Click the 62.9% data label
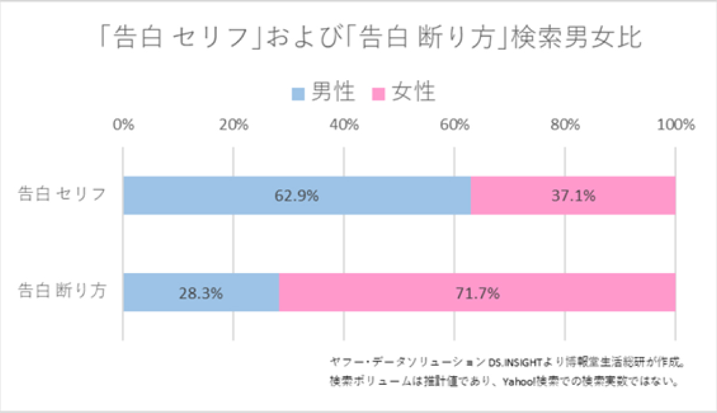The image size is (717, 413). pyautogui.click(x=296, y=195)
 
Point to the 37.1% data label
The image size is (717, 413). pyautogui.click(x=573, y=195)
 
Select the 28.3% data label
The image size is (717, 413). pyautogui.click(x=201, y=293)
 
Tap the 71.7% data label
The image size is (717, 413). pyautogui.click(x=477, y=293)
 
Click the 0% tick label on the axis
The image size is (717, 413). pyautogui.click(x=123, y=126)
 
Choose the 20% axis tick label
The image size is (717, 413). pyautogui.click(x=234, y=126)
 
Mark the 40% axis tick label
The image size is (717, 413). pyautogui.click(x=344, y=126)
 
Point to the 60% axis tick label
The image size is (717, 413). pyautogui.click(x=455, y=126)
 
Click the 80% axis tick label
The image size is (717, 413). pyautogui.click(x=565, y=126)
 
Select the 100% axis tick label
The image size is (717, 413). pyautogui.click(x=675, y=126)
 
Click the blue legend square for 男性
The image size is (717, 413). pyautogui.click(x=299, y=94)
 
